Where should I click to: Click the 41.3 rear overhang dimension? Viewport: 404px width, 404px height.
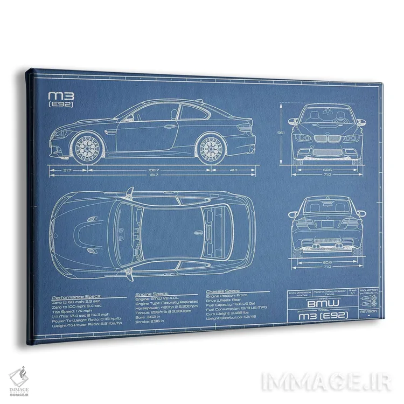coord(233,170)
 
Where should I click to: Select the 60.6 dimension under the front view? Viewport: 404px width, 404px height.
coord(327,169)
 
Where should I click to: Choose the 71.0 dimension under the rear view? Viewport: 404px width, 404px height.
coord(327,266)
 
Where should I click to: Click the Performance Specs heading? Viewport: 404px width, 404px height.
coord(76,297)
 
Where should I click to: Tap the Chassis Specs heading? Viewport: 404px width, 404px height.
coord(223,291)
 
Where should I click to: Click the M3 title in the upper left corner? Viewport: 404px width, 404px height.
coord(59,95)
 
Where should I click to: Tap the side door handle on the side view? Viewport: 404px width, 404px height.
coord(170,126)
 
